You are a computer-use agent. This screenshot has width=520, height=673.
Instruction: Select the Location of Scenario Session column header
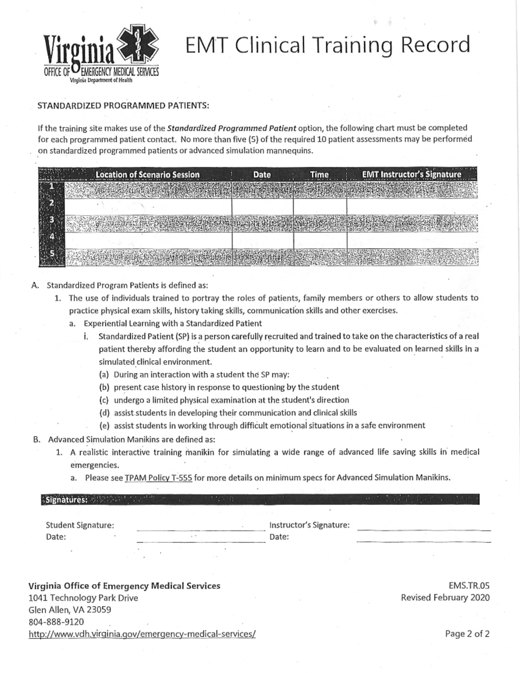(147, 175)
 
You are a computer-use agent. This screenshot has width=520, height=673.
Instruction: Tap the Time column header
(319, 175)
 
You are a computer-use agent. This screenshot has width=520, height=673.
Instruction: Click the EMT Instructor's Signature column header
(412, 175)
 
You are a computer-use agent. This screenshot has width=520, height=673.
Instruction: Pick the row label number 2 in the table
(51, 203)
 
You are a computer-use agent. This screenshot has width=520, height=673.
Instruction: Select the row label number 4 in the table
(51, 237)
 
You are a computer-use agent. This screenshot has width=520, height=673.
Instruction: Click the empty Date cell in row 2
(262, 206)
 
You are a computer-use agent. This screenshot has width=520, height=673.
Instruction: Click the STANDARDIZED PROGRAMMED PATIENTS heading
(123, 105)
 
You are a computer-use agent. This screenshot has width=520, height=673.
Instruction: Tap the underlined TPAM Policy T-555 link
(158, 478)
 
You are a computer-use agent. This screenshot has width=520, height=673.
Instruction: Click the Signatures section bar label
(66, 500)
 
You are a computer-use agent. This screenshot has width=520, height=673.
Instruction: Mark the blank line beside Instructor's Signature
(424, 528)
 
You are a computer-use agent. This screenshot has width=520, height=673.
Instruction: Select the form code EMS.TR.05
(469, 585)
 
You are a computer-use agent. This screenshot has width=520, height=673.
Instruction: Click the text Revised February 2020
(445, 598)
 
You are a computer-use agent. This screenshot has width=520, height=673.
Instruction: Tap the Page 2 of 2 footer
(467, 634)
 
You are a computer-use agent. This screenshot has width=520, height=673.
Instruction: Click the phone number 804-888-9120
(56, 621)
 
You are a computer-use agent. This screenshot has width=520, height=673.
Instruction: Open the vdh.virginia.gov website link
(142, 634)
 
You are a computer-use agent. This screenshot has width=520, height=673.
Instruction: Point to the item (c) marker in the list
(104, 400)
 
